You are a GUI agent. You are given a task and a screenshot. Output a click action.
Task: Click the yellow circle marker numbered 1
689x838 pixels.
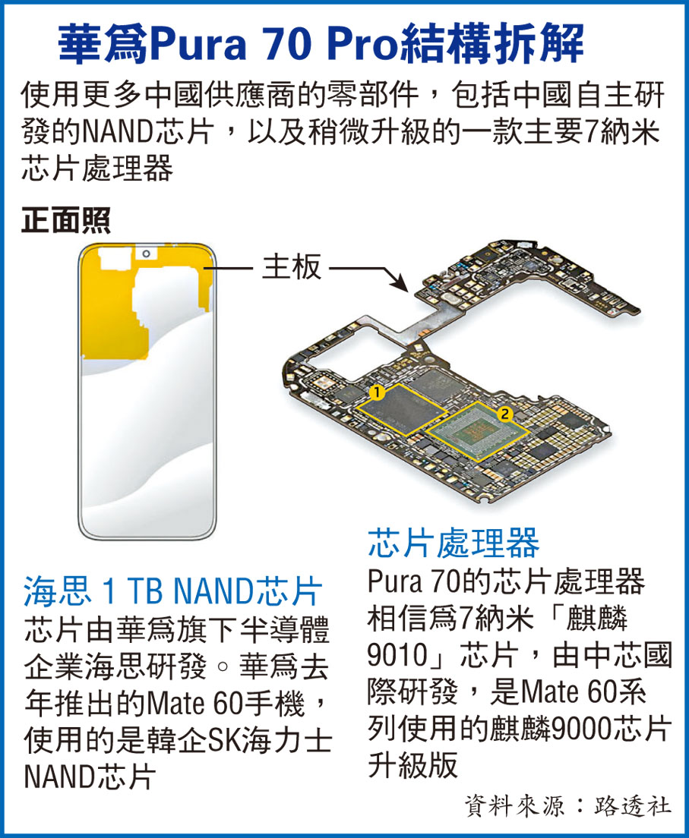click(377, 393)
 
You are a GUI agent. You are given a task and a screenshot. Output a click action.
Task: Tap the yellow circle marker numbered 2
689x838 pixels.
click(504, 413)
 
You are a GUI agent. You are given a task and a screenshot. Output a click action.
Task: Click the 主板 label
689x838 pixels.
click(292, 266)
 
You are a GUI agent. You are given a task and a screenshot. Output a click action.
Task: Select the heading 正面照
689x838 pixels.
click(66, 220)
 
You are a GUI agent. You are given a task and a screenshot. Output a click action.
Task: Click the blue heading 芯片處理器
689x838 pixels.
click(454, 543)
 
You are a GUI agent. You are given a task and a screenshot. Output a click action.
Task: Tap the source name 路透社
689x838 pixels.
click(632, 806)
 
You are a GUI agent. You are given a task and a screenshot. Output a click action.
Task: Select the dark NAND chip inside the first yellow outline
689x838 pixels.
click(401, 409)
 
